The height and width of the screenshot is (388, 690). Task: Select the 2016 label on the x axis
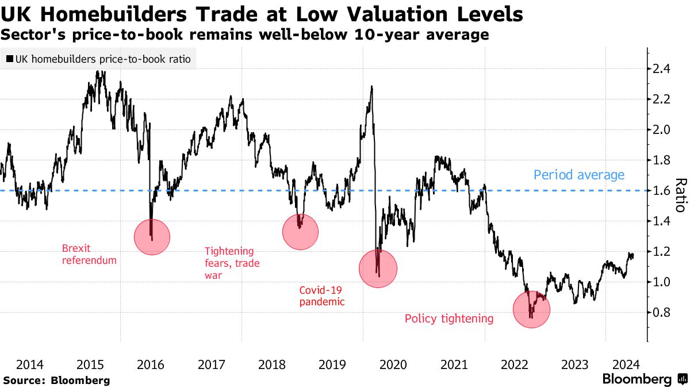tap(151, 364)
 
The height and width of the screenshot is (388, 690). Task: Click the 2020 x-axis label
tap(394, 364)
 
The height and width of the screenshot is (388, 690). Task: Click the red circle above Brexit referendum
tap(152, 236)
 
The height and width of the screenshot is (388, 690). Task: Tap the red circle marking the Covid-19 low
tap(378, 268)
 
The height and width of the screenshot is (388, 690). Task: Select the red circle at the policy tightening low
tap(531, 309)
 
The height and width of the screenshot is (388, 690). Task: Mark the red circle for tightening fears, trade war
tap(300, 232)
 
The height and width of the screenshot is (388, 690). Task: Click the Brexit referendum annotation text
tap(89, 255)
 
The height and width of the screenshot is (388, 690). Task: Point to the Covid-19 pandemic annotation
tap(322, 295)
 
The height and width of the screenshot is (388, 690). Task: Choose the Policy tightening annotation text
tap(449, 318)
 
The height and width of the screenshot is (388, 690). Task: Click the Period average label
tap(578, 175)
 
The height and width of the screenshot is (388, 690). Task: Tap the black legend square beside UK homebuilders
tap(10, 59)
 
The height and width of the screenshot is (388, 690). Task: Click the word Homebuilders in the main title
tap(95, 14)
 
